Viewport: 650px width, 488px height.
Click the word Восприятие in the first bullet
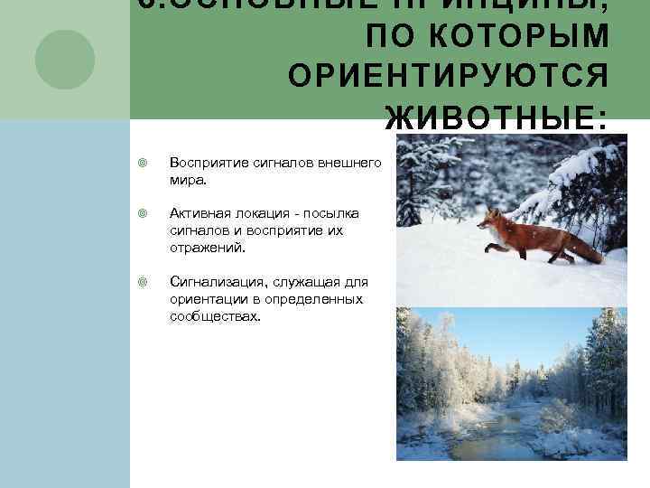point(204,163)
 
